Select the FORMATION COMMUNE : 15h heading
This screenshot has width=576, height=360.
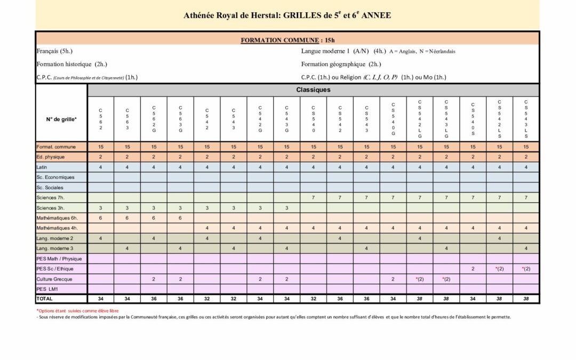coord(287,40)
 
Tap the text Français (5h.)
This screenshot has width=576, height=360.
coord(54,51)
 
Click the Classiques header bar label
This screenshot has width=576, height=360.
coord(313,90)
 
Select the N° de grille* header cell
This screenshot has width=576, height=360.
coord(61,119)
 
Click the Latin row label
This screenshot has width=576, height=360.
coord(42,167)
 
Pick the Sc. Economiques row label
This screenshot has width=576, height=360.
coord(55,177)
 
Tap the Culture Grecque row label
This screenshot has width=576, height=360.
coord(54,279)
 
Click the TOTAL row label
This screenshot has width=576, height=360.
coord(44,299)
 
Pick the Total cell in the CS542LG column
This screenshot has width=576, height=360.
coord(420,299)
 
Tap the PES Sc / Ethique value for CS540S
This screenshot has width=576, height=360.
coord(473,269)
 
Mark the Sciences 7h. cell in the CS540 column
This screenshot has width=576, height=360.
coord(313,197)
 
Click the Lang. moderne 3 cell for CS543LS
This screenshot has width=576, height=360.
coord(526,248)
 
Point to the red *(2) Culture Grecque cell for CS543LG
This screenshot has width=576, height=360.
coord(446,279)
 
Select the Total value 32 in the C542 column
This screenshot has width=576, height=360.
coord(207,299)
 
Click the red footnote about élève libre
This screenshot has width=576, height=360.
coord(77,310)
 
